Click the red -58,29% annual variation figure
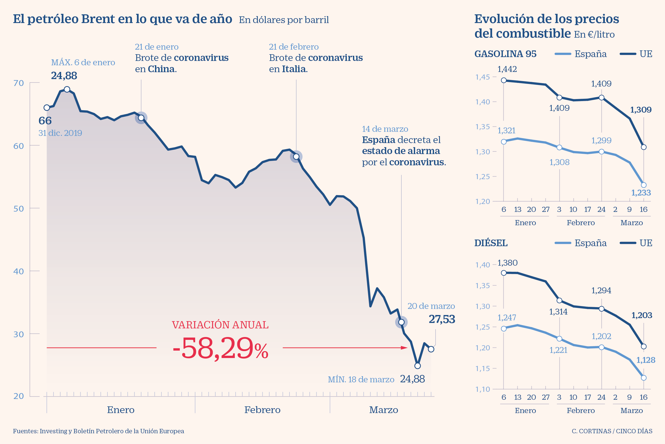pyautogui.click(x=220, y=348)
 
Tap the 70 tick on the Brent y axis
pyautogui.click(x=19, y=83)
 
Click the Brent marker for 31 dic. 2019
pyautogui.click(x=47, y=107)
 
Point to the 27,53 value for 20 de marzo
pyautogui.click(x=442, y=319)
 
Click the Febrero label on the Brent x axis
pyautogui.click(x=262, y=410)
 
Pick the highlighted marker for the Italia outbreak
pyautogui.click(x=296, y=157)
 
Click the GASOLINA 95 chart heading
pyautogui.click(x=505, y=54)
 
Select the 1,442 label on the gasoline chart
pyautogui.click(x=507, y=69)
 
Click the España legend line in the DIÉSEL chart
pyautogui.click(x=562, y=243)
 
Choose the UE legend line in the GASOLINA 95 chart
pyautogui.click(x=628, y=54)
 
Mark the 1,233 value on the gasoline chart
pyautogui.click(x=641, y=193)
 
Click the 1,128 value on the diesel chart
pyautogui.click(x=646, y=360)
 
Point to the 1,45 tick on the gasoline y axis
pyautogui.click(x=482, y=77)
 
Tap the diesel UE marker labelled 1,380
pyautogui.click(x=504, y=273)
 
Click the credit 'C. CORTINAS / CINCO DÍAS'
pyautogui.click(x=612, y=431)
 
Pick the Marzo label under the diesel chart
pyautogui.click(x=631, y=410)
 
